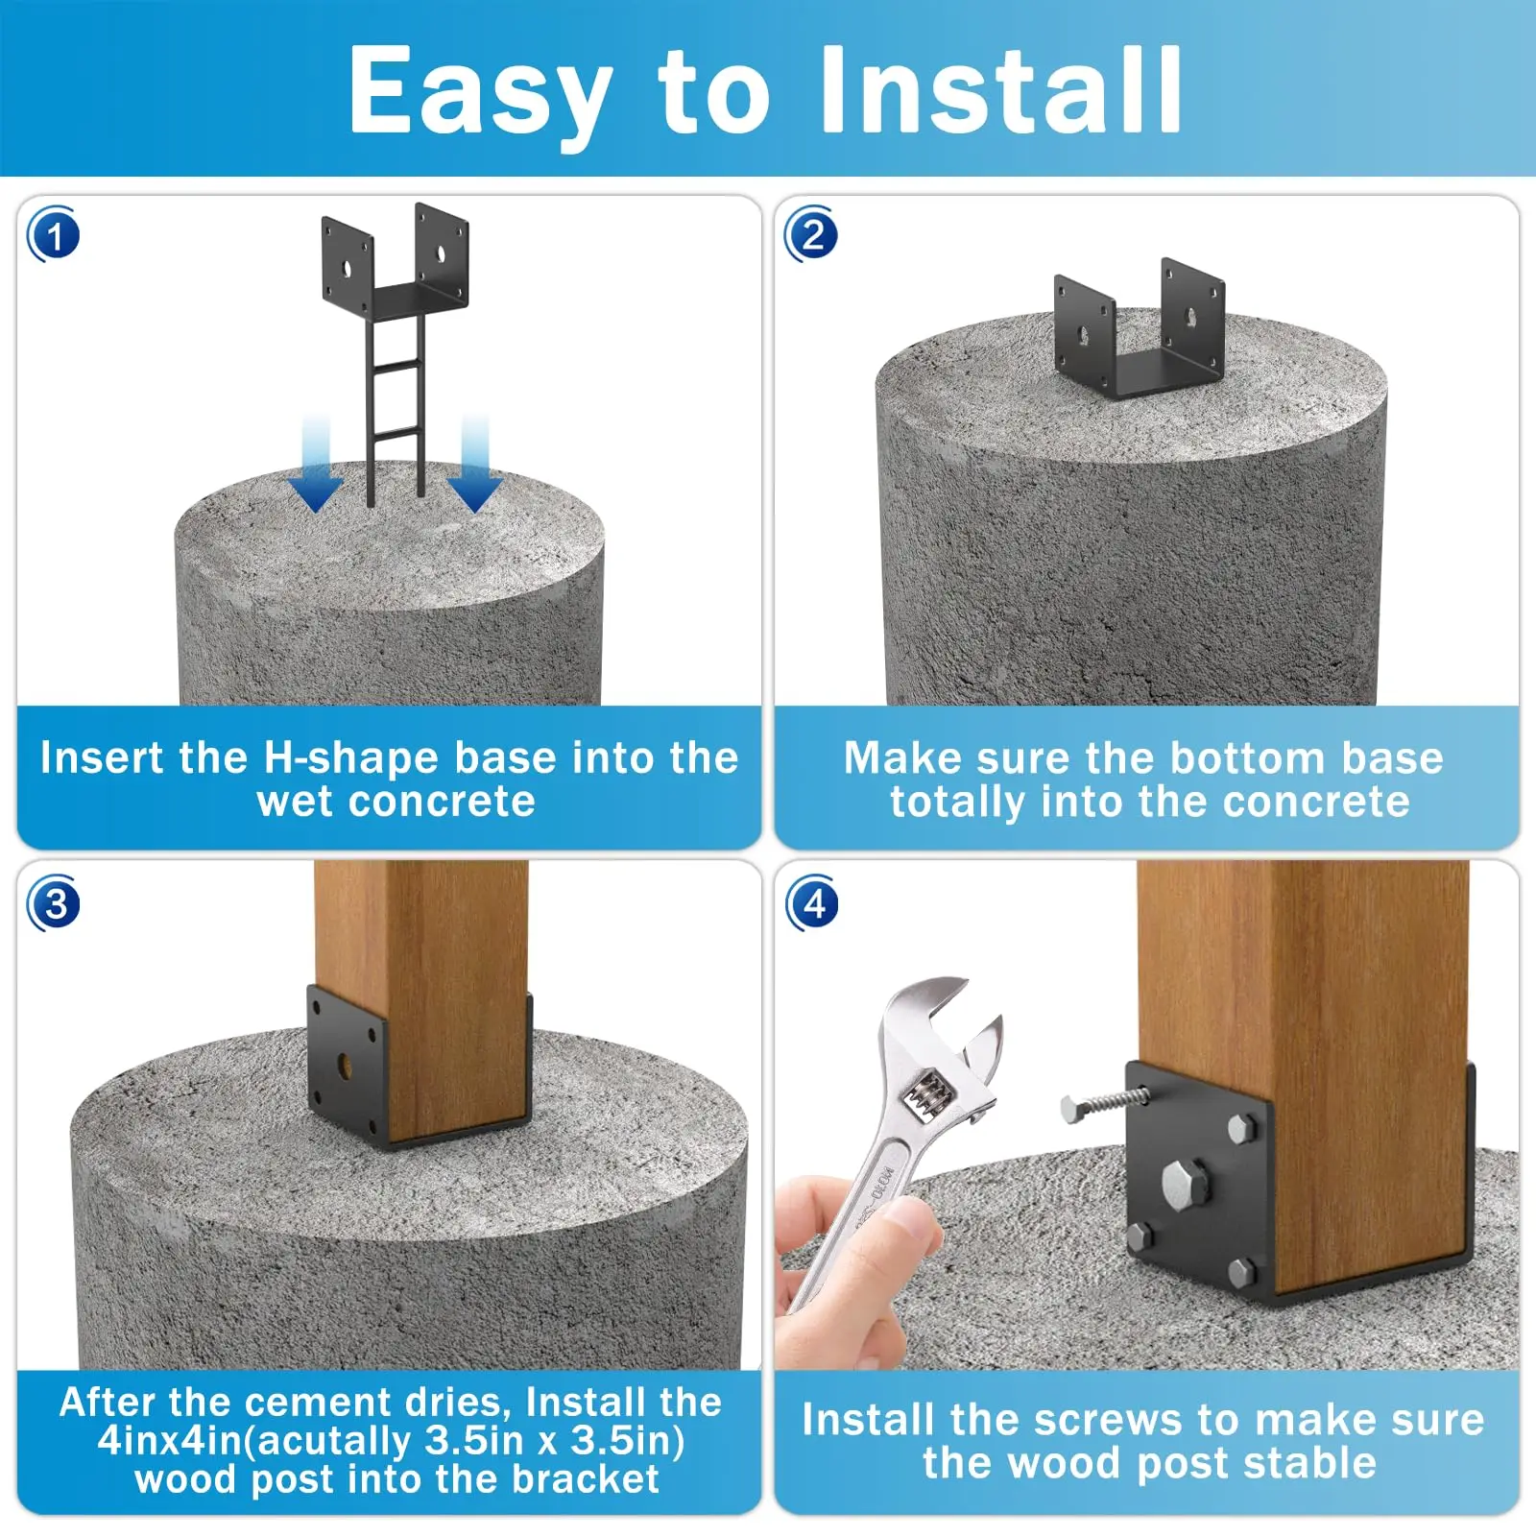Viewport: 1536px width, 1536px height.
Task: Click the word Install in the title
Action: pos(1001,90)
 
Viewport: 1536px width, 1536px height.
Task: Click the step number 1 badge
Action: pos(54,235)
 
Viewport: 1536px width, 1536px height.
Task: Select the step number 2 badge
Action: pos(812,234)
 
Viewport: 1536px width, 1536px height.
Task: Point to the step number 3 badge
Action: pos(54,903)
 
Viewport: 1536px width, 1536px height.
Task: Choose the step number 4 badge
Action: pos(812,903)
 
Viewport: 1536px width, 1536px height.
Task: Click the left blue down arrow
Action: pos(316,465)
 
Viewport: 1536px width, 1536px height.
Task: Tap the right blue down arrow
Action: pos(474,465)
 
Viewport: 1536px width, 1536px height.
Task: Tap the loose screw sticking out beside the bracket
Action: pos(1104,1102)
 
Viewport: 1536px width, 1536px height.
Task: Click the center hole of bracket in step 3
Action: pos(346,1067)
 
